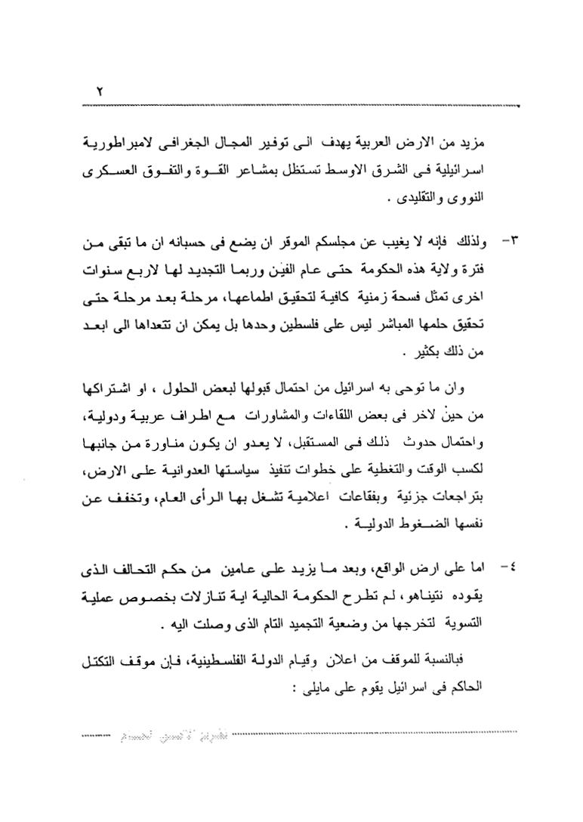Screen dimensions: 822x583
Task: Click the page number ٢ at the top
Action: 100,91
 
